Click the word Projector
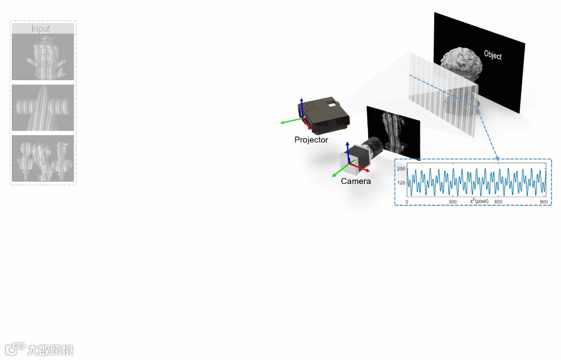(x=311, y=140)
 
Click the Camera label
(x=356, y=181)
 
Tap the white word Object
(x=493, y=55)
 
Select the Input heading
(x=41, y=29)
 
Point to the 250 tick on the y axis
(x=401, y=169)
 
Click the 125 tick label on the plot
(x=401, y=183)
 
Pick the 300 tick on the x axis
(x=452, y=201)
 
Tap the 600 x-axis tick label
(x=498, y=201)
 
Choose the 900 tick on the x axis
(x=543, y=201)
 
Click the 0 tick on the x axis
(x=407, y=201)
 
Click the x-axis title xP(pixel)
(x=479, y=201)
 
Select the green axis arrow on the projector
(x=289, y=121)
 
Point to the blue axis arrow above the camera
(x=348, y=150)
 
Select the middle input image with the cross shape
(x=43, y=108)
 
